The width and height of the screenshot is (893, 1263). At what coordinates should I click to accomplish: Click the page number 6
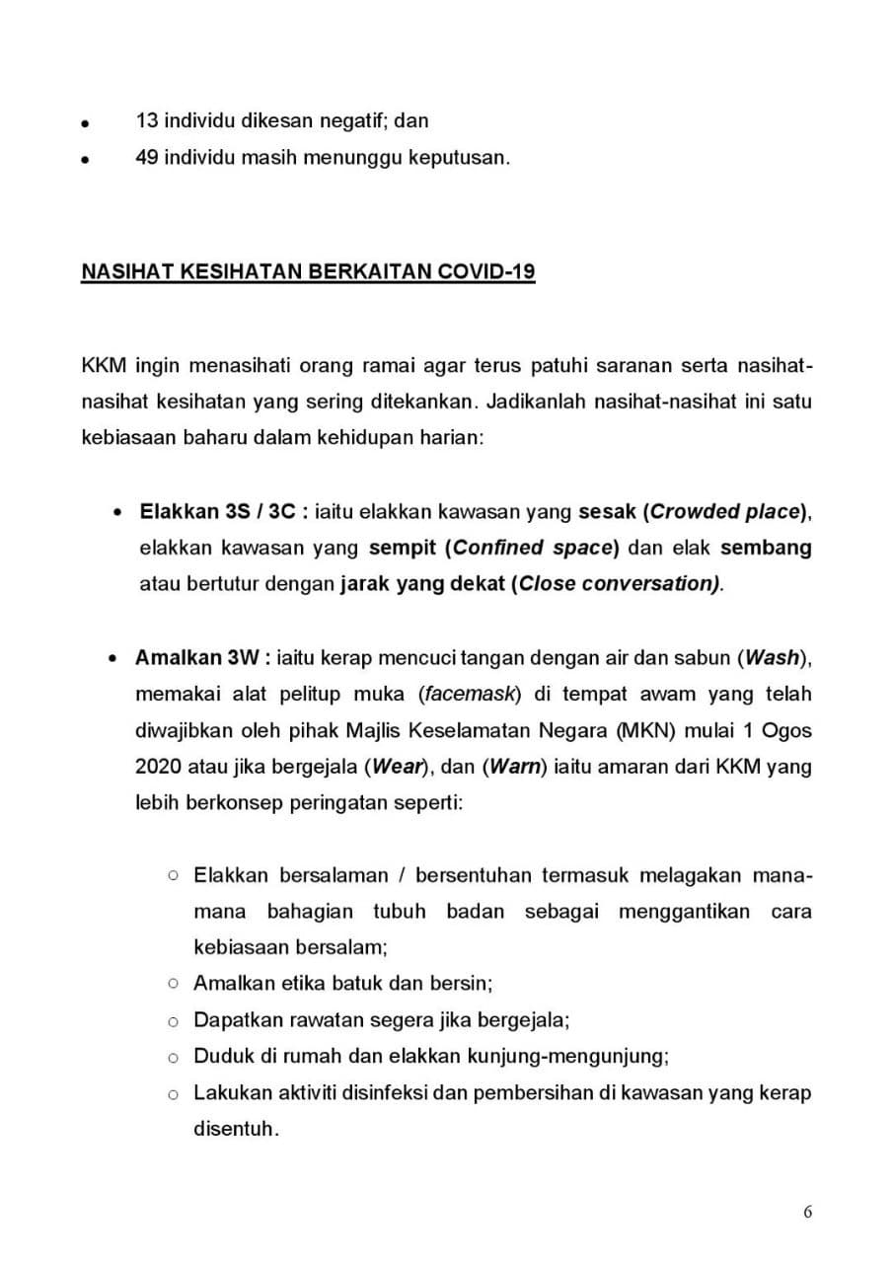pos(808,1213)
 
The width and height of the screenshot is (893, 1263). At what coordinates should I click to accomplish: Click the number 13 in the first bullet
pos(147,121)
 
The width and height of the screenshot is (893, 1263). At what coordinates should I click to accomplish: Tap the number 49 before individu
pos(147,158)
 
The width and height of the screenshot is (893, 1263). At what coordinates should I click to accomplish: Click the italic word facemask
pos(470,694)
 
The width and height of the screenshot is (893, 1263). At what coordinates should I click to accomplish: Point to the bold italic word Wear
pos(400,767)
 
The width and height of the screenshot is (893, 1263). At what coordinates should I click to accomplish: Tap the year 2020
pos(156,767)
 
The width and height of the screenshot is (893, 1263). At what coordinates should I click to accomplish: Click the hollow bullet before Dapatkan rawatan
pos(173,1020)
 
